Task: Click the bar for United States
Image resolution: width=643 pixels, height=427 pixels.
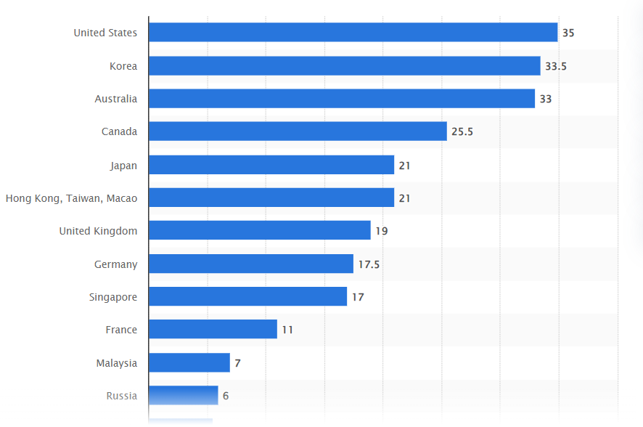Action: tap(353, 33)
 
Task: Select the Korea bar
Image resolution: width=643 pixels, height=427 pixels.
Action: tap(344, 66)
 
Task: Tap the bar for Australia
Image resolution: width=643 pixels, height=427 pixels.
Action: tap(341, 99)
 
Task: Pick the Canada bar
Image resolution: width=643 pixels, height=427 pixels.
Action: tap(298, 131)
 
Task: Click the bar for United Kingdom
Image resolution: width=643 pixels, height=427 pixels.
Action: tap(260, 231)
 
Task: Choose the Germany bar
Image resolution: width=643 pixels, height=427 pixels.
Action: tap(251, 264)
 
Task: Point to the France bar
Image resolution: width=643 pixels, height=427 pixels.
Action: tap(213, 330)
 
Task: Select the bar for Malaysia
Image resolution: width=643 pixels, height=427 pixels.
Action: tap(189, 363)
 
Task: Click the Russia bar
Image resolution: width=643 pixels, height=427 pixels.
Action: tap(184, 396)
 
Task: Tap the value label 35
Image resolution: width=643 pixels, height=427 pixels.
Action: tap(568, 33)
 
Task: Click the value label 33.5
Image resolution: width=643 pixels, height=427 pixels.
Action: tap(556, 66)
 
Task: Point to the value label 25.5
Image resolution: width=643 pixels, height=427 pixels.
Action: tap(462, 132)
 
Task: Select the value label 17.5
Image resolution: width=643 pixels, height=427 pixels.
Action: tap(369, 264)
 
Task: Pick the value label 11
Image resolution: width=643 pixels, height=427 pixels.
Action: tap(287, 330)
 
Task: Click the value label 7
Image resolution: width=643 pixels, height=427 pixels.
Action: tap(237, 363)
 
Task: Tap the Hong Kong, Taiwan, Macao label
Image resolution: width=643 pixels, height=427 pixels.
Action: tap(71, 198)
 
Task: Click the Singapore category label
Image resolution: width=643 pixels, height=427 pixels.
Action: tap(113, 297)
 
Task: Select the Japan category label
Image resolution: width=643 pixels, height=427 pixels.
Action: tap(123, 166)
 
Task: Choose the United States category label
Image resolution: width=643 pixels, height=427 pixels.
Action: tap(105, 33)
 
